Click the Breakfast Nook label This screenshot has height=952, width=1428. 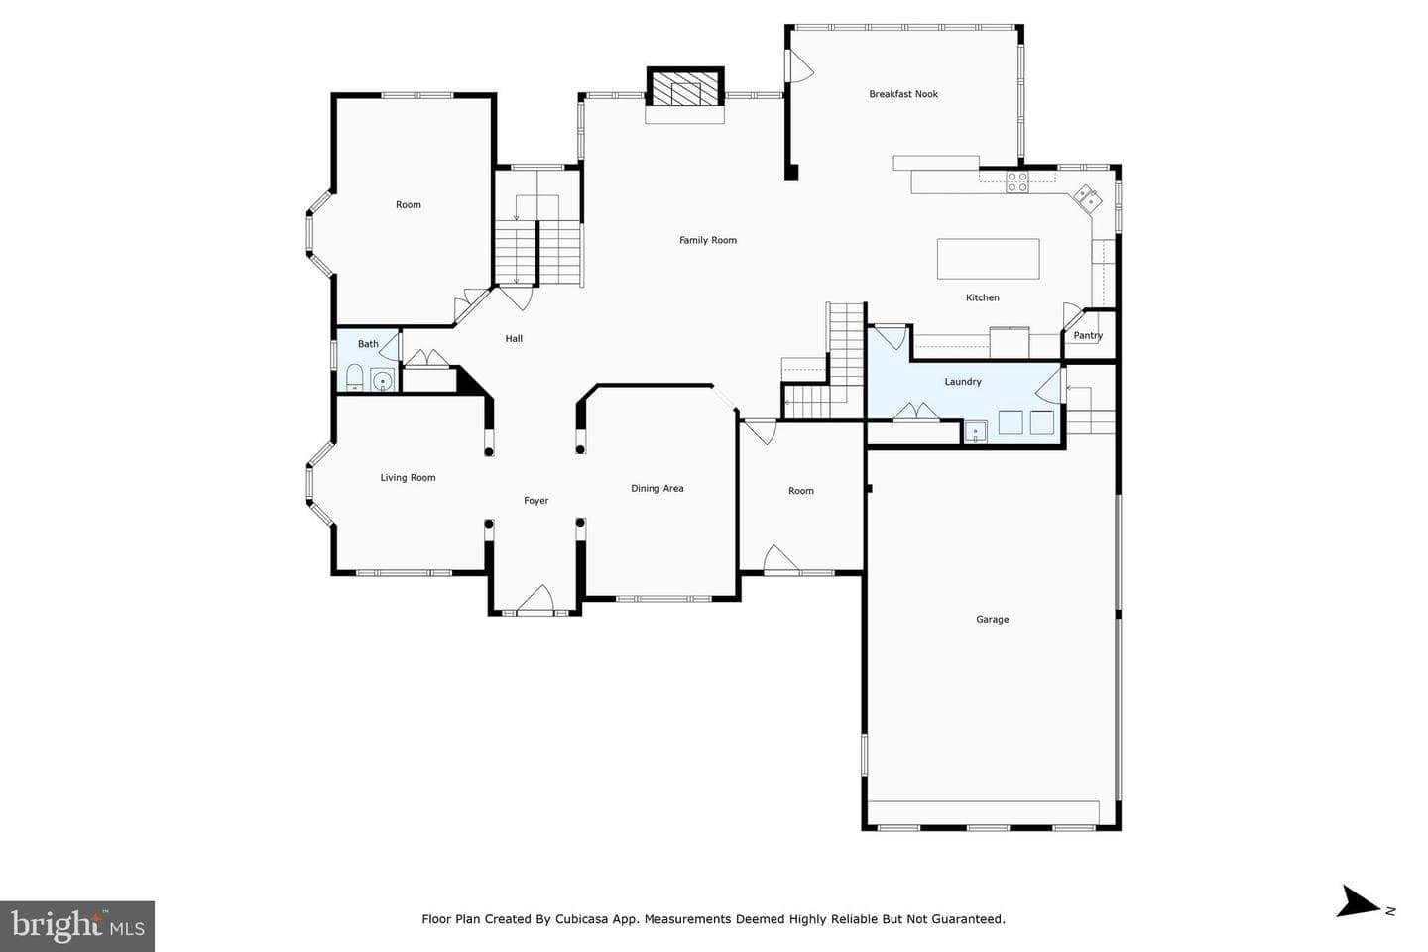[x=903, y=94]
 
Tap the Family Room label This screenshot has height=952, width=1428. [x=708, y=240]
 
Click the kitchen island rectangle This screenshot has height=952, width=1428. [x=988, y=259]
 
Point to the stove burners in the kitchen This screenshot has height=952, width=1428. [x=1017, y=182]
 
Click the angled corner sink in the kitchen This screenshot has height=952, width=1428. [x=1088, y=197]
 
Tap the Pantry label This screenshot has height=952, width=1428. [x=1088, y=335]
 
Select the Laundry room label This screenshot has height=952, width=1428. [x=963, y=382]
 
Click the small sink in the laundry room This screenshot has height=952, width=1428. [x=976, y=432]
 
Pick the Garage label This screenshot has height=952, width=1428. [x=992, y=619]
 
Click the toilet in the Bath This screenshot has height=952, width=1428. [x=354, y=377]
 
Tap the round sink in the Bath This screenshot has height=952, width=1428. [x=383, y=381]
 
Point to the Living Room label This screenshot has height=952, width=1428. [x=408, y=478]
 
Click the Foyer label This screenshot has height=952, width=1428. [x=536, y=501]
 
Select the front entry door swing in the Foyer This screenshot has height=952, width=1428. [x=535, y=599]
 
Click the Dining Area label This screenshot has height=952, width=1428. [x=657, y=489]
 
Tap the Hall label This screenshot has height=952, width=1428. [x=514, y=338]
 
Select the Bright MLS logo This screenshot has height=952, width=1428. [x=77, y=926]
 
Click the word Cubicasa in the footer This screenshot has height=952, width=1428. [x=582, y=919]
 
